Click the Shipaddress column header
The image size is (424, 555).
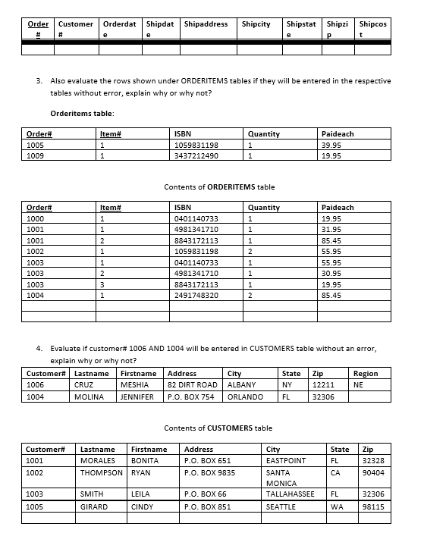[x=206, y=24]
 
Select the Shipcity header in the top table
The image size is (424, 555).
[x=256, y=24]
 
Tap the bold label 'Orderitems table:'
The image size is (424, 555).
[x=82, y=113]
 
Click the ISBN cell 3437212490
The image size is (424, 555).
[x=196, y=155]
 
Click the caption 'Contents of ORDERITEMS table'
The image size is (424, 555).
[x=219, y=187]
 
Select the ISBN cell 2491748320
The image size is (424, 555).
[x=196, y=295]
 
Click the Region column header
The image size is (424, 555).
[x=365, y=374]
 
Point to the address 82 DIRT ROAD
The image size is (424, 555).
[x=192, y=385]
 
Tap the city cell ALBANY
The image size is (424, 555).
[x=241, y=385]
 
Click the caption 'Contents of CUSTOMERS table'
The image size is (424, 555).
[x=218, y=428]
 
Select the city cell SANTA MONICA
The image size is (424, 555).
[x=284, y=478]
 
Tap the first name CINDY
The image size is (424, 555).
[x=143, y=506]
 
